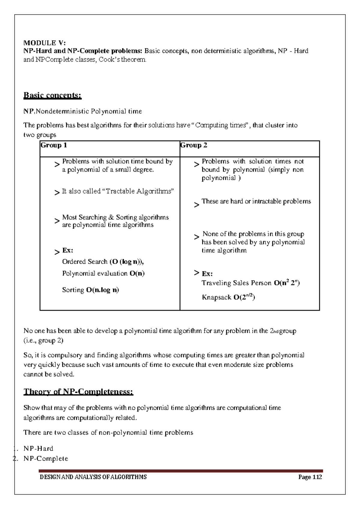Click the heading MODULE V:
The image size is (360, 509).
44,43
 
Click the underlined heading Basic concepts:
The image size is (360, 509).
52,95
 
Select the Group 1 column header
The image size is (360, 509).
54,145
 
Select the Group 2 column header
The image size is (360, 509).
194,145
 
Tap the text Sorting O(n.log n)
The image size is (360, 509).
90,290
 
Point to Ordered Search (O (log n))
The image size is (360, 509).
103,262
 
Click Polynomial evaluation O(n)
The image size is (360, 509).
103,274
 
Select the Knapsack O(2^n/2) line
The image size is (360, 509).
228,297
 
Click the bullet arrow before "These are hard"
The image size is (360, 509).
196,205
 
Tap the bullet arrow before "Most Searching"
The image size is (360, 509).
57,221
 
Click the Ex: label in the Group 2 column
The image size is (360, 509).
207,274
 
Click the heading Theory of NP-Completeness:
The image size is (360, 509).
78,392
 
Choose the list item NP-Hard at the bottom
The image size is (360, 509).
38,449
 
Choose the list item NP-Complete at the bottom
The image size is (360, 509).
46,459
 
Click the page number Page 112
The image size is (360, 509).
310,477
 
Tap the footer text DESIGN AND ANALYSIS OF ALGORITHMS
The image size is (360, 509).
93,477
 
